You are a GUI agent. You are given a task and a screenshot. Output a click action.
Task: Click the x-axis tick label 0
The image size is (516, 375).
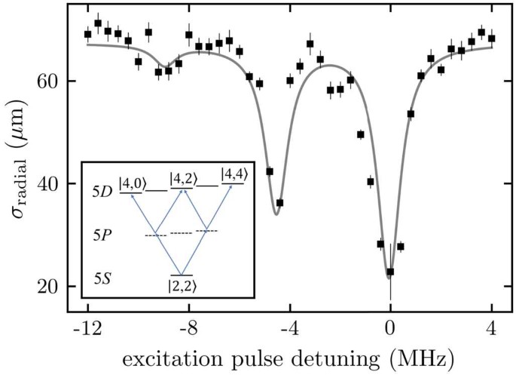tap(390, 329)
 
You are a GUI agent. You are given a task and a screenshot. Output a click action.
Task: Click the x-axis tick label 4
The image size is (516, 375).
tap(491, 329)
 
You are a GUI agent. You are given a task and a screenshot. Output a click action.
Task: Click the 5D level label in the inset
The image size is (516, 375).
tap(103, 192)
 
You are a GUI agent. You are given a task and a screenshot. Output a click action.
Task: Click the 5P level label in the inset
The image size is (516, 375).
tap(104, 235)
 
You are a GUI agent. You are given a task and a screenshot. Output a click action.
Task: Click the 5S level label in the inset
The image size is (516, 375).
tap(103, 278)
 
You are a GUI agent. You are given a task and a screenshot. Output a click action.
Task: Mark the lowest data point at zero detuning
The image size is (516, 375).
tap(390, 272)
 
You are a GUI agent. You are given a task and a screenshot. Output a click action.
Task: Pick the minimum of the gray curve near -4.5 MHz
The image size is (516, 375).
tap(276, 214)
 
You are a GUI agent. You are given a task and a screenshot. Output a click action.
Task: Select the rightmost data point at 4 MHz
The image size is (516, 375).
tap(491, 38)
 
